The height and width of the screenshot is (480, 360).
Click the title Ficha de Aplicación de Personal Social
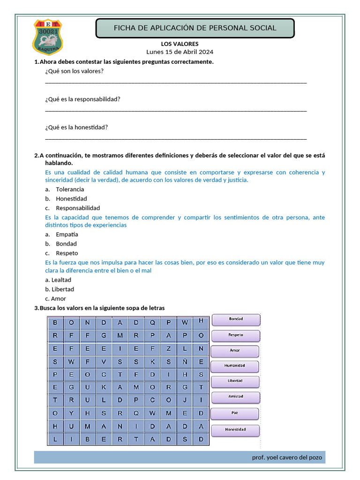coord(195,28)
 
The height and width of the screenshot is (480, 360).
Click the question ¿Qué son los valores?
coord(75,71)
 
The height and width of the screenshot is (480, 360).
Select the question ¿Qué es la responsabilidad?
coord(82,99)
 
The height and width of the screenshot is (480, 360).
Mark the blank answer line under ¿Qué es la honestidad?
coord(176,139)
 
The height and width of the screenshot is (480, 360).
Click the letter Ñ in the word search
coord(185,362)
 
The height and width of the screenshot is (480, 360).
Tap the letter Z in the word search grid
coord(168,349)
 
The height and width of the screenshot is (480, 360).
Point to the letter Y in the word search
coord(71,413)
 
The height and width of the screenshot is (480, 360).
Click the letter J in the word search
coord(185,401)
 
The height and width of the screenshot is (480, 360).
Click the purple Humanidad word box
coord(235,366)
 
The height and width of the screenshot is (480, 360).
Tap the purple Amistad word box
coord(235,397)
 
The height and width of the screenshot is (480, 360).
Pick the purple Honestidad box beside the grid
coord(235,429)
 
